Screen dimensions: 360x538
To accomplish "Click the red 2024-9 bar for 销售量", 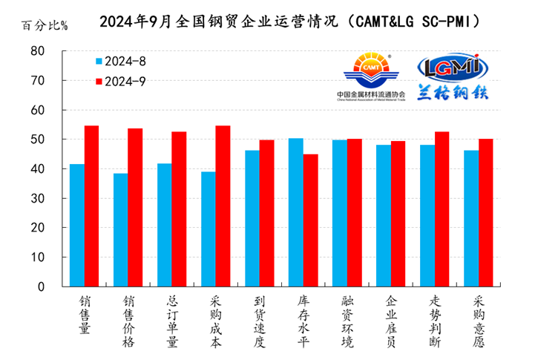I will tap(91, 206).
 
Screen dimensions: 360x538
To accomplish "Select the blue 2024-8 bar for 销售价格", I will tap(121, 230).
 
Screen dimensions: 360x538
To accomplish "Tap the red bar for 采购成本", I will tap(223, 206).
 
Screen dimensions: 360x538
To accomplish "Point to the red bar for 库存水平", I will tap(311, 220).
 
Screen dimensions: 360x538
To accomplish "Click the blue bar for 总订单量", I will tap(165, 225).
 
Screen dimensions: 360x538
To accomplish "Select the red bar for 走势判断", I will tap(442, 209).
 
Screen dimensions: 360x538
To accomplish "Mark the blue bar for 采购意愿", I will tap(471, 218).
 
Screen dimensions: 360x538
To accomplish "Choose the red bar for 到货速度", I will tap(267, 213).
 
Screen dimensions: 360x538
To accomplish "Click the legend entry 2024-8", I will tap(121, 61).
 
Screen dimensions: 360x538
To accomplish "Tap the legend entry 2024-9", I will tap(121, 81).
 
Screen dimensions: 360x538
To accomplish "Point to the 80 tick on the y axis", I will tap(38, 51).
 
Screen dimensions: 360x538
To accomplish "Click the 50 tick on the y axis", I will tap(38, 140).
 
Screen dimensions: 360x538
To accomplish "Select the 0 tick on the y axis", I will tap(42, 287).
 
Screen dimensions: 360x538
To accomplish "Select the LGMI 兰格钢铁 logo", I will tap(452, 77).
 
